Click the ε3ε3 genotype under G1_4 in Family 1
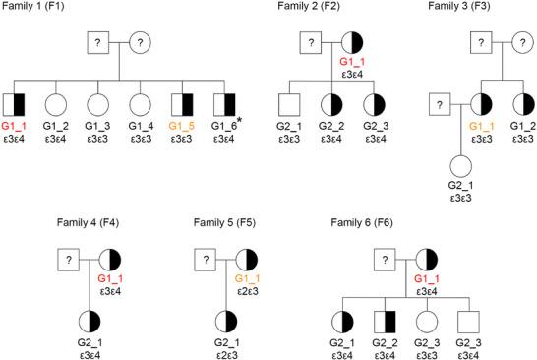click(139, 141)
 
